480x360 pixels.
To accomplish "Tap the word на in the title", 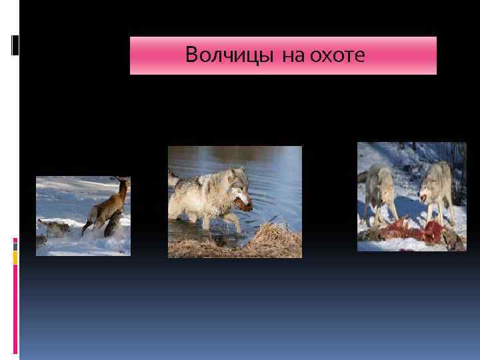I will pos(291,55).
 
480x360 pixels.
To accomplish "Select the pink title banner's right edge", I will pos(435,55).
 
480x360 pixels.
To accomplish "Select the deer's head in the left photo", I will pos(122,181).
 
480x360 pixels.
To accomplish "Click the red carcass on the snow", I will pos(410,231).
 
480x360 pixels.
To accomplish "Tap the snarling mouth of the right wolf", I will pos(424,197).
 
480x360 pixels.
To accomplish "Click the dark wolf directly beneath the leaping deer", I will pos(113,223).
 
